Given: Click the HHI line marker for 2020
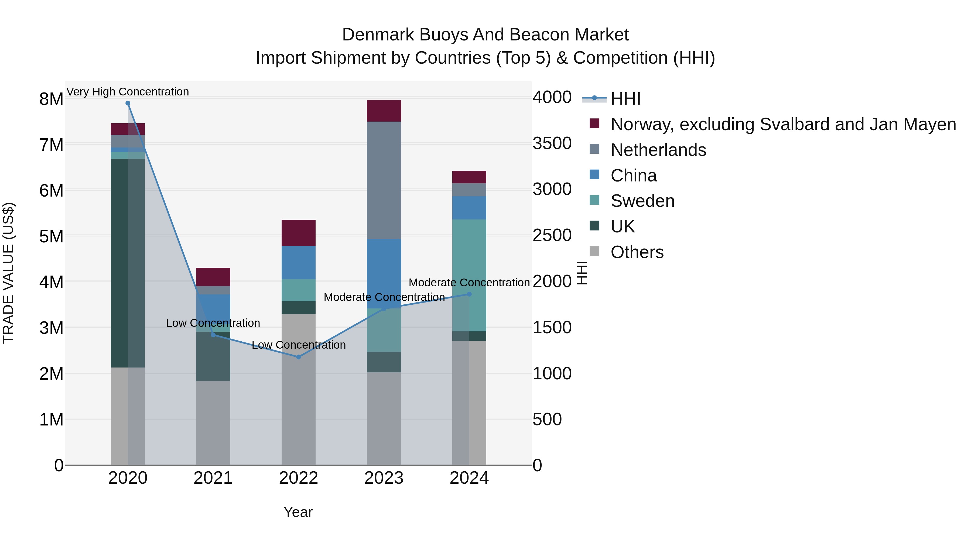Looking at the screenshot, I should (128, 103).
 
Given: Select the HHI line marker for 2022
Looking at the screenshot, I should (299, 357).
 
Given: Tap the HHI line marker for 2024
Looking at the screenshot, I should (469, 294).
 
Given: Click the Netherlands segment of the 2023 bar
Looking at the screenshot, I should (384, 180).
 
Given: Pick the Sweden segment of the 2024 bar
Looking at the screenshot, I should (469, 275).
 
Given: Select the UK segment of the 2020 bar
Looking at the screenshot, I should (128, 263).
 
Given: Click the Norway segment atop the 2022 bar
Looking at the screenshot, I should (299, 233).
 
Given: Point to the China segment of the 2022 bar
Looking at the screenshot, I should (299, 263).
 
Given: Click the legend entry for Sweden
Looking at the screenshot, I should (642, 201).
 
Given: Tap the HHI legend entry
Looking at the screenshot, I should (625, 99).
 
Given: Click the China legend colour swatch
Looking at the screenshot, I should (594, 175).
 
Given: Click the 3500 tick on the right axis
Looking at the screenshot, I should (552, 143).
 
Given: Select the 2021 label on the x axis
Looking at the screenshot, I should (213, 478).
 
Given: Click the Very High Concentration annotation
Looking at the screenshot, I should (128, 92).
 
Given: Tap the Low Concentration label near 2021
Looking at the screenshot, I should (213, 323).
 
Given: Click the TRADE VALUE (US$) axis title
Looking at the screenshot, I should (9, 273).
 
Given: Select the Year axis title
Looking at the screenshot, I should (298, 512).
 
